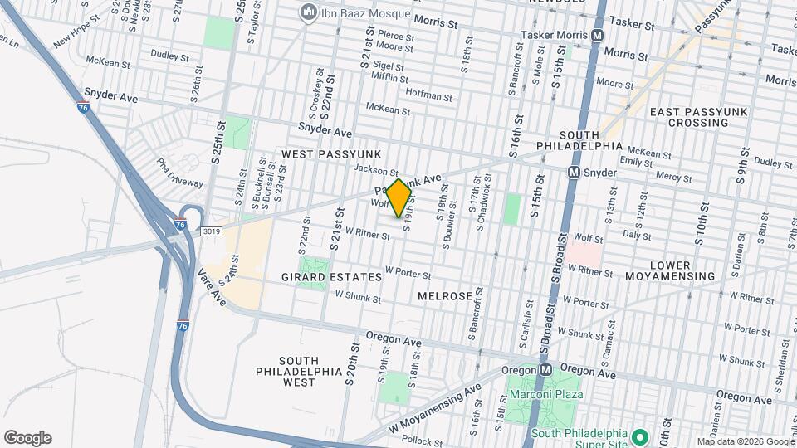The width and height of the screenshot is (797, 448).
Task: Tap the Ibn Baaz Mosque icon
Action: [x=309, y=12]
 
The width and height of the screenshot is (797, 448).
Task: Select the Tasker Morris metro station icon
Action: [x=597, y=35]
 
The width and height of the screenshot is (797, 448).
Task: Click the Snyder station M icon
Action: [x=574, y=173]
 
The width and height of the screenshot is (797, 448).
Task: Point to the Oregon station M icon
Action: [x=546, y=369]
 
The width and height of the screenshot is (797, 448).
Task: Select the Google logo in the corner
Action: [x=27, y=438]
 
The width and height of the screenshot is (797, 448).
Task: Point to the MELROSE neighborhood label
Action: [x=445, y=296]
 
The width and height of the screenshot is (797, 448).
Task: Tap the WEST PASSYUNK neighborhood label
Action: [x=330, y=154]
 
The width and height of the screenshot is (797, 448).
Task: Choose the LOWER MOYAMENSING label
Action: [x=682, y=270]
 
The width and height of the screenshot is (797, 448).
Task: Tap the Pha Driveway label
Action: [x=179, y=173]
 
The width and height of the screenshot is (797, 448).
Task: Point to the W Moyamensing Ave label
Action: [x=434, y=410]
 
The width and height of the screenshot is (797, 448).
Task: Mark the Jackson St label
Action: [x=371, y=169]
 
